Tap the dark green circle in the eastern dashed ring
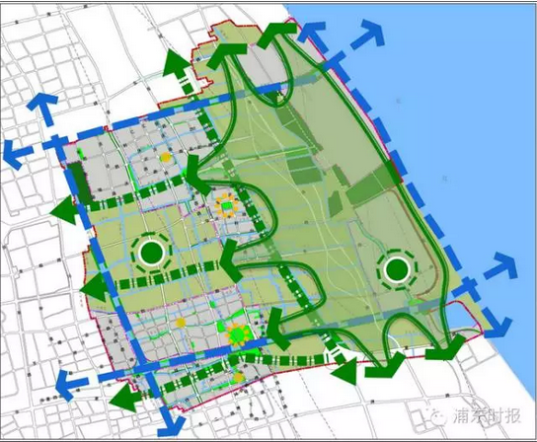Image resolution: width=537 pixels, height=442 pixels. tap(398, 267)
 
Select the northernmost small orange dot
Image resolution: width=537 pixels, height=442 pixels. tap(167, 157)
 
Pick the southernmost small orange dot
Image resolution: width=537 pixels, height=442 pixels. tap(238, 377)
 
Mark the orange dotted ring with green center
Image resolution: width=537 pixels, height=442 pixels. tap(228, 206)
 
